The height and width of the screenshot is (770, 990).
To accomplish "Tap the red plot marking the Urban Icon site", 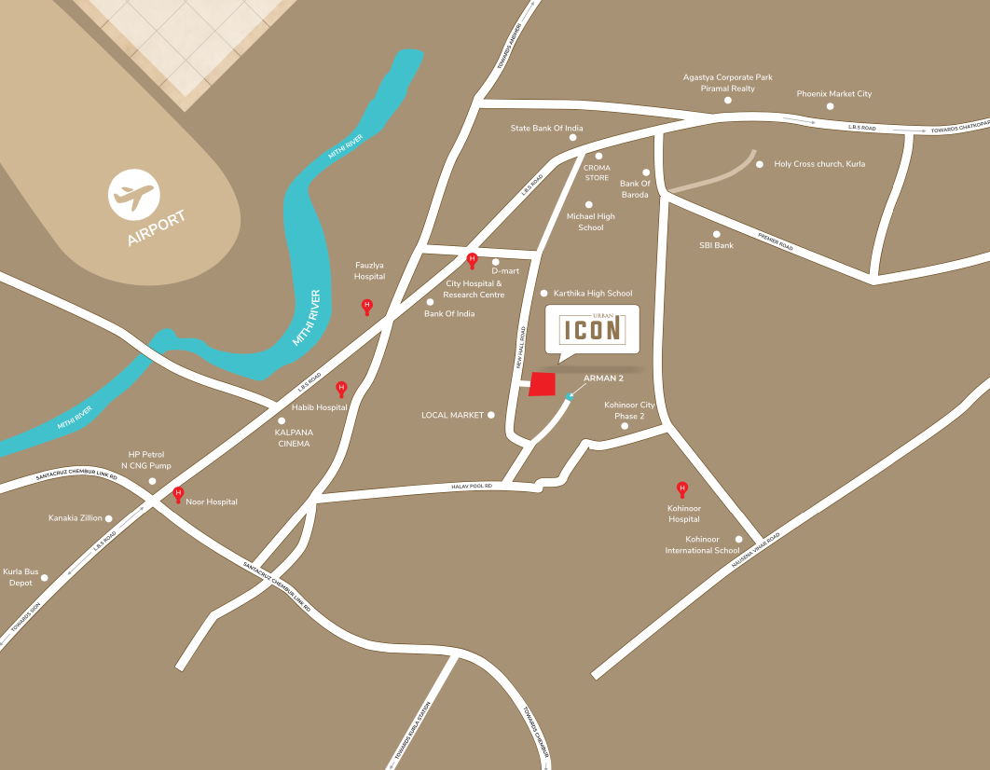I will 541,384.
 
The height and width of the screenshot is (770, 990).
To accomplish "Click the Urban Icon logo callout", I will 592,329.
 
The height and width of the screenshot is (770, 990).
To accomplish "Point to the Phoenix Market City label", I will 833,94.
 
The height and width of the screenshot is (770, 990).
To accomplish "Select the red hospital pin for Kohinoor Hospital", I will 681,488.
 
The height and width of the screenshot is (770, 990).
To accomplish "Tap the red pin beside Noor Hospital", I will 178,494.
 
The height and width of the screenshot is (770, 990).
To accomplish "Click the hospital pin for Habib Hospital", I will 341,388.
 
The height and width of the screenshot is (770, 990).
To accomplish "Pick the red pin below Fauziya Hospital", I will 366,306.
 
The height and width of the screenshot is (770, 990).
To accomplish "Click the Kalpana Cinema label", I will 292,438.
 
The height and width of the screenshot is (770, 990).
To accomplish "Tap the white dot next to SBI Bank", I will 717,234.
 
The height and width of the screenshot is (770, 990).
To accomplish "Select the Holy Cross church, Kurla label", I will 819,164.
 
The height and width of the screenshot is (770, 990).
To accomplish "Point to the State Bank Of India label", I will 546,128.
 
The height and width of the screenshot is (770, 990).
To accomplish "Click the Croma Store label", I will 597,172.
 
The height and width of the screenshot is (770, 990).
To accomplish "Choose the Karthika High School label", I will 593,294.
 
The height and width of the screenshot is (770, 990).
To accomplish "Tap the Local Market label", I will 452,415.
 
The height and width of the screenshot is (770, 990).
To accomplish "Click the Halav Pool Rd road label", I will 471,487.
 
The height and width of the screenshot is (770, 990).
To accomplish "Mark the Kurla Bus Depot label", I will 18,577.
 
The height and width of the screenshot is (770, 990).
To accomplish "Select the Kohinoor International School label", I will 702,544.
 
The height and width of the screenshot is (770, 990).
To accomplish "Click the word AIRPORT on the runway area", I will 157,229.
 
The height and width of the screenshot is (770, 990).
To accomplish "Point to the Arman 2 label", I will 602,378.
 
